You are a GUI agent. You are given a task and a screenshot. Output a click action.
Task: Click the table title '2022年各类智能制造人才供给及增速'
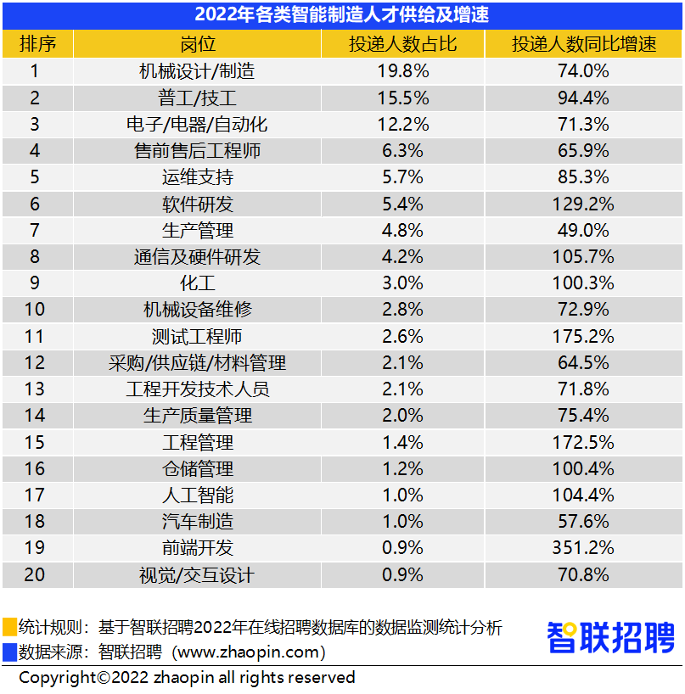coord(342,14)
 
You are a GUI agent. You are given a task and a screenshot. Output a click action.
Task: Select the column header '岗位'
coord(197,44)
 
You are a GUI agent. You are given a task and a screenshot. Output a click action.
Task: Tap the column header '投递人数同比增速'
coord(583,44)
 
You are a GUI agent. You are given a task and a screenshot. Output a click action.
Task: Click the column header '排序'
coord(36,44)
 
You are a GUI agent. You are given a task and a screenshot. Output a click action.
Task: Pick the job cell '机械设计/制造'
coord(197,71)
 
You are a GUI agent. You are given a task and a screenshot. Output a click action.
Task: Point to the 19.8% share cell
coord(403,71)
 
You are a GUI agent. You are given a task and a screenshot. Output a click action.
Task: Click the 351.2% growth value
coord(583,548)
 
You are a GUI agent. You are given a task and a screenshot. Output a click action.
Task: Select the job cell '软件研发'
coord(197,204)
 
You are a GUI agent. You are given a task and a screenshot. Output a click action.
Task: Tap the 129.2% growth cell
coord(583,204)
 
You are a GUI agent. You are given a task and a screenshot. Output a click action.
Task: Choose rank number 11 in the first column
coord(35,336)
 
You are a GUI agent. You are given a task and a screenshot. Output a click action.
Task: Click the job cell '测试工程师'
coord(197,336)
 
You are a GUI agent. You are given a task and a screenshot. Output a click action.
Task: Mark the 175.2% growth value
coord(583,336)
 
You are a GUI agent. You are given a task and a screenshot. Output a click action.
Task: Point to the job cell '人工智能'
coord(197,495)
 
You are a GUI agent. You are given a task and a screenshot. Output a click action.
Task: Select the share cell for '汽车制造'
coord(403,522)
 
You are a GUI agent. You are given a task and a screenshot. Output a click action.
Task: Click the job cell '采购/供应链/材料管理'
coord(197,363)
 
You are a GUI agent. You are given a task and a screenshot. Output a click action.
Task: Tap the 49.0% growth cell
coord(583,230)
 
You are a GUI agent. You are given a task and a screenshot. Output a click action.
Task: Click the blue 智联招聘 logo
coord(610,638)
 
